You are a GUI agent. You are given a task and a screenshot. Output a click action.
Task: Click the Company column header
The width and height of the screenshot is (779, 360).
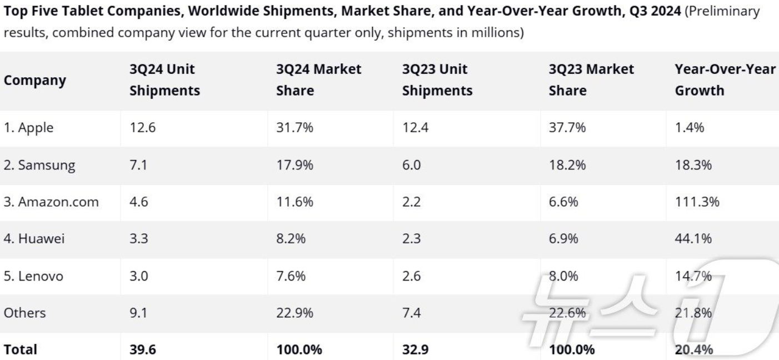(x=35, y=81)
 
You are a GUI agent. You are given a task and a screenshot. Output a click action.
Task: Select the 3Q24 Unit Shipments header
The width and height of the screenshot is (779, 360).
(x=165, y=79)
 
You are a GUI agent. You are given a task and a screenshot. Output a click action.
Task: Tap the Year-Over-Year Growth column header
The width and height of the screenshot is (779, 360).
(x=725, y=79)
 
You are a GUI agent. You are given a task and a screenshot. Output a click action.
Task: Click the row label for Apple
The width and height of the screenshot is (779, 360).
(x=28, y=128)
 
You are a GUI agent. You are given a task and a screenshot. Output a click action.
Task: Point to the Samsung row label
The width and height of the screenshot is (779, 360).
(x=39, y=165)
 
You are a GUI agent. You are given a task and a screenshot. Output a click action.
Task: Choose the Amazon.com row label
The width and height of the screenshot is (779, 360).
(x=51, y=202)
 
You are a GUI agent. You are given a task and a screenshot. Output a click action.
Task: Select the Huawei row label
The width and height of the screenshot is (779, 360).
(x=34, y=238)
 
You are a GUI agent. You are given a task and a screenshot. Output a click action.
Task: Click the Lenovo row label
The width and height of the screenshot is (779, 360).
(x=33, y=276)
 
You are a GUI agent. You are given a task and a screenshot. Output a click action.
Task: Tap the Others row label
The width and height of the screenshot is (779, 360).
(x=24, y=313)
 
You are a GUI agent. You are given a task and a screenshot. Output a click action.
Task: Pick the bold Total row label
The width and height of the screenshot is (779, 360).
(x=20, y=349)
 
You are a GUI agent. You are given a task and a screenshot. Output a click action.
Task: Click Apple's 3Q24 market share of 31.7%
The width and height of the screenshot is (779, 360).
(x=295, y=128)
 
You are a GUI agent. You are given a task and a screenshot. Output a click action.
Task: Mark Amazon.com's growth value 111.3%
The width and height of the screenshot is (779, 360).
(x=697, y=202)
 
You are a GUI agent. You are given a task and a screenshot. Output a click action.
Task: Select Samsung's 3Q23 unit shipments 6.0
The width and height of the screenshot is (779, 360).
(x=411, y=165)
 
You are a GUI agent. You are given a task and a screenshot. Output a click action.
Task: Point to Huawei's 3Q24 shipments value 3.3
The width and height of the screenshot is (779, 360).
(x=139, y=238)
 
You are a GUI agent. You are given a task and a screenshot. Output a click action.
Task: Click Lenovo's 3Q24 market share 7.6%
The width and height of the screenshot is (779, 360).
(x=291, y=276)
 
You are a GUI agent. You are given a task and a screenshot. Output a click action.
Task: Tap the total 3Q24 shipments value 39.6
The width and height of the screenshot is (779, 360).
(x=143, y=349)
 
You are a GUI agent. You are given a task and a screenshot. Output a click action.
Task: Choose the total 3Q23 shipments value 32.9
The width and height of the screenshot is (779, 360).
(x=415, y=349)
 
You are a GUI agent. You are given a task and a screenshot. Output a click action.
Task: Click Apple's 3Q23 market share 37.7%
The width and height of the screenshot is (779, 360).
(x=567, y=128)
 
